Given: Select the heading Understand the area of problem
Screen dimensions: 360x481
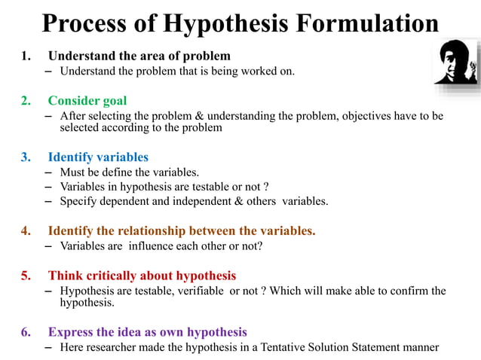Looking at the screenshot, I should tap(139, 56).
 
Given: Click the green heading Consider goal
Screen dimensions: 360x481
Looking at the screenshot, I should tap(87, 100).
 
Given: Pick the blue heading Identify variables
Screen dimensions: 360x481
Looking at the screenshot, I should tap(98, 157).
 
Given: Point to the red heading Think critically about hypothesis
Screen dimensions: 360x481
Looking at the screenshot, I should tap(142, 275).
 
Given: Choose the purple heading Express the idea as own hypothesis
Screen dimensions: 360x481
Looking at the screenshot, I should tap(147, 331).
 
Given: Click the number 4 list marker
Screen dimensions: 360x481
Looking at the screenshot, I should tap(26, 230).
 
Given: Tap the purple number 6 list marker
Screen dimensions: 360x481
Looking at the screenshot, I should tap(26, 331).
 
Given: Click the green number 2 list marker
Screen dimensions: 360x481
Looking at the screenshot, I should tap(26, 100).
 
